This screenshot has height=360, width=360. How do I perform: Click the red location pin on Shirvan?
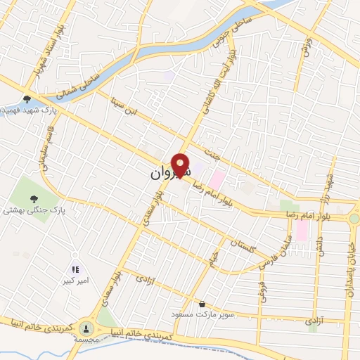point(181,165)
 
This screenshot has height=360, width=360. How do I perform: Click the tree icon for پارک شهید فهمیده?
point(27,100)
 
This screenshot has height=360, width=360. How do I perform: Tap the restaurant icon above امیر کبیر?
point(75,269)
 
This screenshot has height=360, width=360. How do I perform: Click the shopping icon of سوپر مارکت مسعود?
point(203,304)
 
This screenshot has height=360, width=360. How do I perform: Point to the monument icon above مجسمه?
point(86,328)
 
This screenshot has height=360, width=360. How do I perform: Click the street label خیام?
point(212,264)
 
